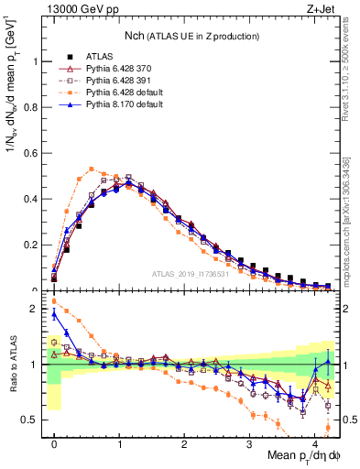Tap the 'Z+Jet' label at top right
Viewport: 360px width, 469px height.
(x=321, y=10)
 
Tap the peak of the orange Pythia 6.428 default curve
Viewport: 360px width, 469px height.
(x=92, y=169)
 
